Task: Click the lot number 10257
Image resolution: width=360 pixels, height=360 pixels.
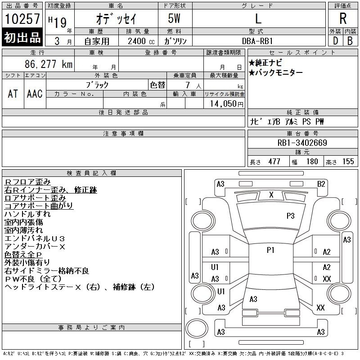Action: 22,18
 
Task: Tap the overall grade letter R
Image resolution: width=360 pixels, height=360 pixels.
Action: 343,18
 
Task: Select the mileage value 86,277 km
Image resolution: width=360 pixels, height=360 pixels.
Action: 49,64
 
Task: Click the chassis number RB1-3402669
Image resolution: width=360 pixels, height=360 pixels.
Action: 302,143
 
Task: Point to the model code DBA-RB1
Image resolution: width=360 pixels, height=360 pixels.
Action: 257,41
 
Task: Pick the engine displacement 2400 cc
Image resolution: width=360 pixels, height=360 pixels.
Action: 141,41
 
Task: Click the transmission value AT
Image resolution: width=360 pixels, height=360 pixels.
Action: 13,94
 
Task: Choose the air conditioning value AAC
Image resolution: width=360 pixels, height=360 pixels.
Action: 35,94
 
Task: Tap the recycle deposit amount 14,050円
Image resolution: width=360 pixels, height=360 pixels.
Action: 226,104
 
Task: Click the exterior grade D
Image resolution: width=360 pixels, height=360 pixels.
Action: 335,41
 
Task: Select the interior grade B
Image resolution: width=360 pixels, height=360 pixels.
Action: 350,41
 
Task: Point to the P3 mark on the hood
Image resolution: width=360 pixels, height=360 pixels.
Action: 290,216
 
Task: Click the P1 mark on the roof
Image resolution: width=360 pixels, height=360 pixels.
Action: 271,250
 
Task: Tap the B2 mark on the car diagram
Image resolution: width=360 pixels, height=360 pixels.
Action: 321,184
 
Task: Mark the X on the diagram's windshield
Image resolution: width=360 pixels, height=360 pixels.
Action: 271,195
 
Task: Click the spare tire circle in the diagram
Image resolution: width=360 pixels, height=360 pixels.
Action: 197,328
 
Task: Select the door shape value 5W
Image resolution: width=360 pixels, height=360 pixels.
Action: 174,18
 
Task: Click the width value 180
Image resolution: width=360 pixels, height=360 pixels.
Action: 312,162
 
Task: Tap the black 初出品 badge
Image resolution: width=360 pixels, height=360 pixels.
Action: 22,37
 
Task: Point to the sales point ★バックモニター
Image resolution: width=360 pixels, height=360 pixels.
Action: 275,73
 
